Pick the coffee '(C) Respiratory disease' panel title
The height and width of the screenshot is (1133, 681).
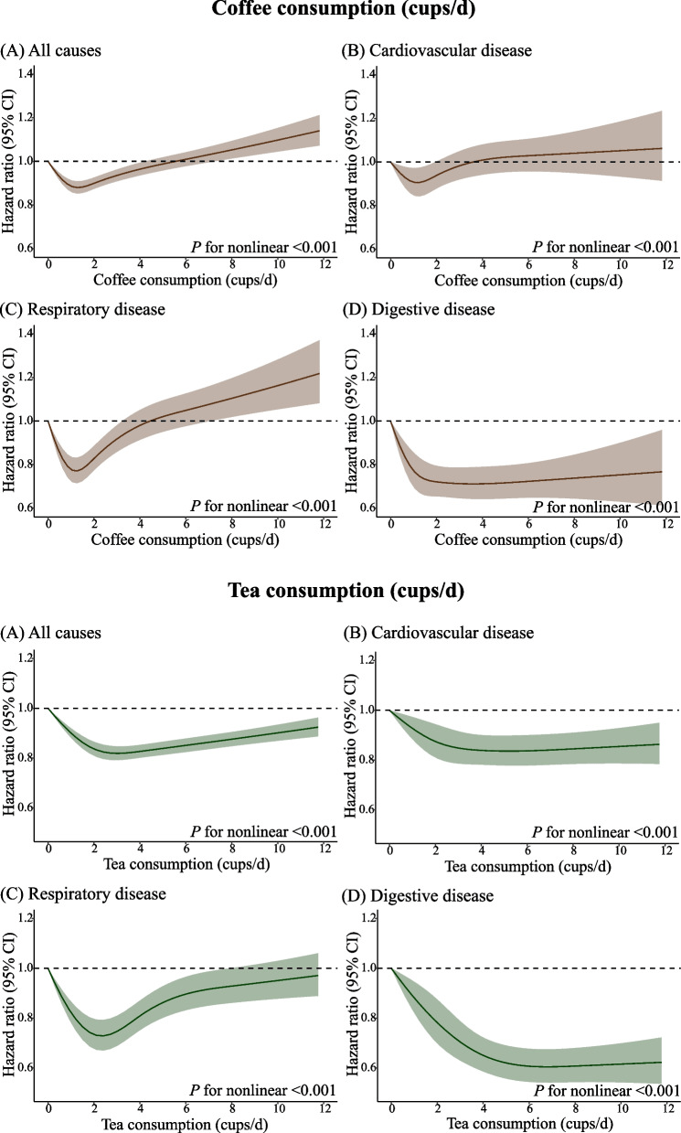click(84, 309)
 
